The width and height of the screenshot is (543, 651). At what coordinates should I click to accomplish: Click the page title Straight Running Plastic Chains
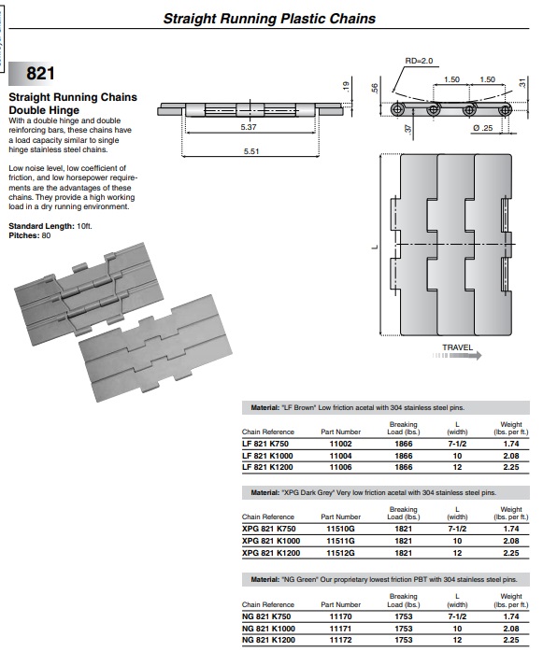[x=269, y=19]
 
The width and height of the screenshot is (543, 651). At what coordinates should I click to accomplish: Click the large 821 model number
[x=40, y=74]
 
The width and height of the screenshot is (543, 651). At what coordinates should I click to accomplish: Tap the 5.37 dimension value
[x=249, y=127]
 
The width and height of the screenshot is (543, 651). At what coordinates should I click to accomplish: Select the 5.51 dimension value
[x=251, y=151]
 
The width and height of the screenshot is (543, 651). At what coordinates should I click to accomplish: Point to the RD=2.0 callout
[x=419, y=61]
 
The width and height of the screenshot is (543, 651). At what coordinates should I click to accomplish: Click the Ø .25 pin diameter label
[x=483, y=128]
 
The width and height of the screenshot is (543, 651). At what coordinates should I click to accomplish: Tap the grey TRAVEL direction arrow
[x=457, y=356]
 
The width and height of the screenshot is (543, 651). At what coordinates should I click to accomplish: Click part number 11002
[x=341, y=444]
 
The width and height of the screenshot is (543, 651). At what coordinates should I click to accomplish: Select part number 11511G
[x=341, y=541]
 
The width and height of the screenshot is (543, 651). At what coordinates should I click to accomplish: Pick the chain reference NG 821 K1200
[x=268, y=640]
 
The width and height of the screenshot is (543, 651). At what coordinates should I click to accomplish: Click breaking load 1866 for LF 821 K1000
[x=404, y=456]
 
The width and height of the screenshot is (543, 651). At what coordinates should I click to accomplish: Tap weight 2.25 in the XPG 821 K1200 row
[x=511, y=553]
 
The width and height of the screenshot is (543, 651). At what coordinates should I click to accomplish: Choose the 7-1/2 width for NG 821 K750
[x=457, y=616]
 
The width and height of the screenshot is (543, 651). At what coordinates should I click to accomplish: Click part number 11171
[x=341, y=629]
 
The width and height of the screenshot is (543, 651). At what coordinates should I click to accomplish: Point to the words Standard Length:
[x=41, y=226]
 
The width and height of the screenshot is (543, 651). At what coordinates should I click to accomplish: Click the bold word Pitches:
[x=24, y=235]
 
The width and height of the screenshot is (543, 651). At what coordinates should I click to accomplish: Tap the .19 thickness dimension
[x=346, y=86]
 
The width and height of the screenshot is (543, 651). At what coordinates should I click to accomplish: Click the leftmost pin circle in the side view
[x=398, y=110]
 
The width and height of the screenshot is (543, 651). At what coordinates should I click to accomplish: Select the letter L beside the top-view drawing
[x=375, y=247]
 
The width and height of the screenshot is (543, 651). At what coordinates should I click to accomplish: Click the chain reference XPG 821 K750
[x=269, y=529]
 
